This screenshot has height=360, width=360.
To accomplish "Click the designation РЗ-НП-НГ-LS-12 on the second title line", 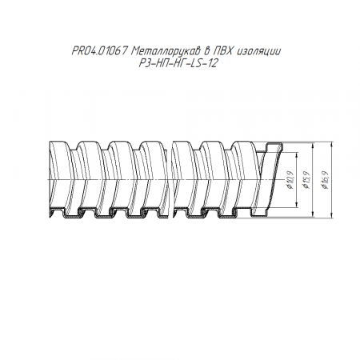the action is (x=178, y=63).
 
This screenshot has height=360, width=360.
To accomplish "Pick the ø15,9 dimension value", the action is (x=306, y=179).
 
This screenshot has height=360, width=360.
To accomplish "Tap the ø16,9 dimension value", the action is (x=325, y=179).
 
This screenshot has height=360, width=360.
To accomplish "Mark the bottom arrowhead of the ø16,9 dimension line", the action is (x=331, y=215).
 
